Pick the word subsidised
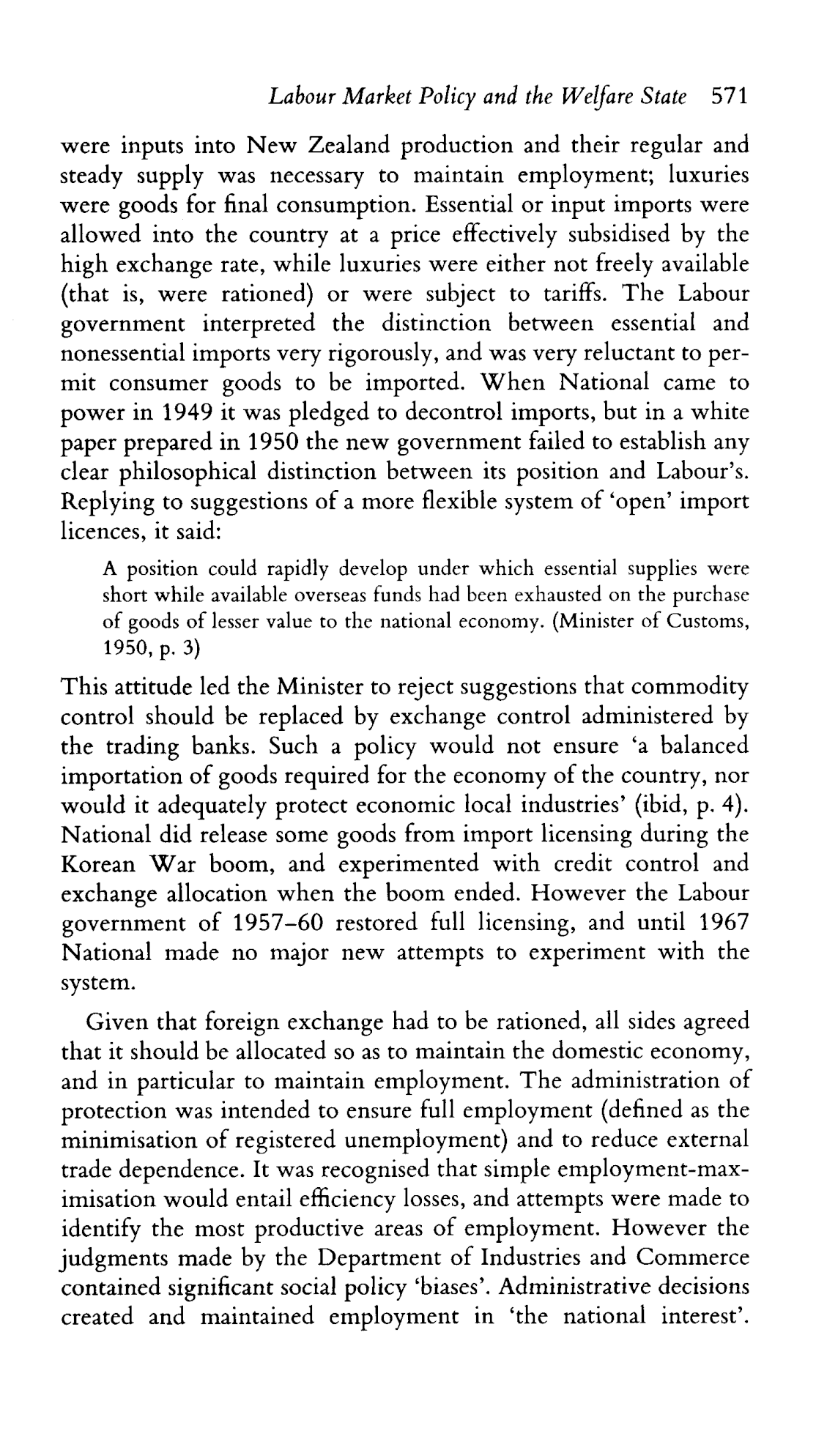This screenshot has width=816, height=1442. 617,234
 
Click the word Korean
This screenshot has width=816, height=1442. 99,864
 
